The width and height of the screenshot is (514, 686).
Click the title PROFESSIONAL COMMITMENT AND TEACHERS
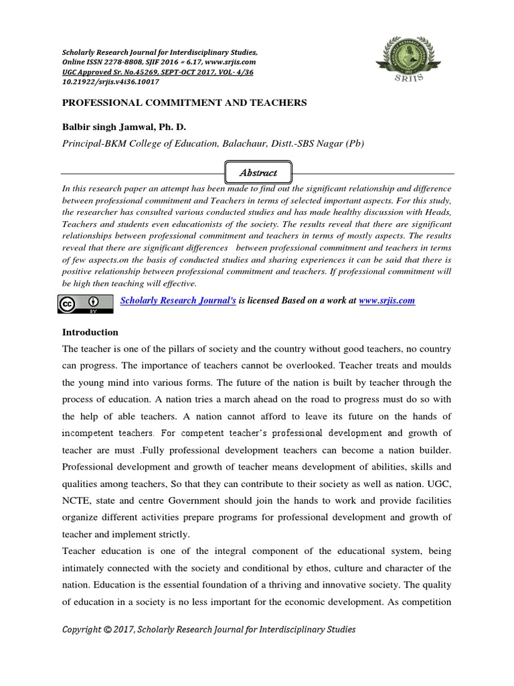184,102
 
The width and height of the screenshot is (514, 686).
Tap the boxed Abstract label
258,173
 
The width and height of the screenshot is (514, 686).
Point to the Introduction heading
90,332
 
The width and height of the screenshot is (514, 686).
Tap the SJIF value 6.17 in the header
199,61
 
